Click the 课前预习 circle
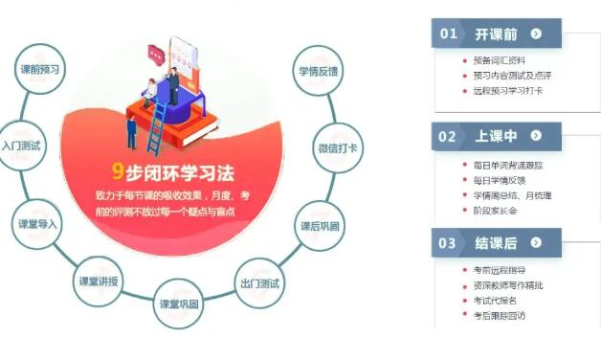click(40, 70)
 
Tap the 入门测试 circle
click(22, 146)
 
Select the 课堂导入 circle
click(38, 224)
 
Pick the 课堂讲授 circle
click(100, 281)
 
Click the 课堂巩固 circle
click(179, 304)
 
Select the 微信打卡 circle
click(336, 148)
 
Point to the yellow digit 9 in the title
click(118, 172)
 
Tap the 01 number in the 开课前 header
click(448, 34)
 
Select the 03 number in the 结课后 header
click(448, 243)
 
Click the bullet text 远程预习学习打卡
click(508, 91)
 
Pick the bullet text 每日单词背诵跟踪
click(508, 165)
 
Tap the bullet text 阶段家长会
click(495, 210)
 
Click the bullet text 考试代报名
click(498, 300)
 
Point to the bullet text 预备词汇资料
click(499, 60)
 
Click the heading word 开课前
click(496, 34)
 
